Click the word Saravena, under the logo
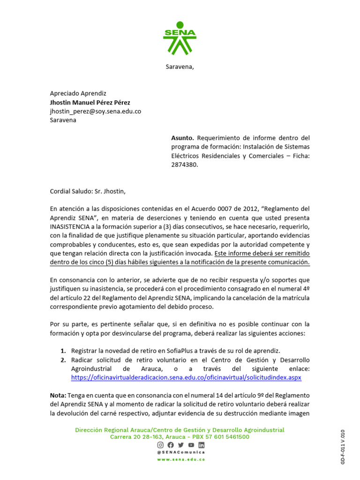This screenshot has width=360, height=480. [x=180, y=67]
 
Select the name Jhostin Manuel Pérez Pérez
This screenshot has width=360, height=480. [x=90, y=102]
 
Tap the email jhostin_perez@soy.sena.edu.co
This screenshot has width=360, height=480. [x=95, y=111]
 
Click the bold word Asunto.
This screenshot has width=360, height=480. [x=182, y=138]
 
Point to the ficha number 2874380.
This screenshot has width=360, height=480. [x=184, y=165]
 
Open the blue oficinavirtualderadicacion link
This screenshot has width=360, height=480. [x=186, y=377]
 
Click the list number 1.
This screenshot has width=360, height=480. [x=63, y=351]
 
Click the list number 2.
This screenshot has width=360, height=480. [x=63, y=360]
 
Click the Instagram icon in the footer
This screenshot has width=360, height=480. [x=160, y=445]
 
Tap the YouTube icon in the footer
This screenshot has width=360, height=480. [x=191, y=445]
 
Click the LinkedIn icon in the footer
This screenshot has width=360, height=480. [x=201, y=445]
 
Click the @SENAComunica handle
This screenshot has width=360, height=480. [x=180, y=452]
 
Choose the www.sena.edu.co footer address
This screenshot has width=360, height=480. [x=180, y=459]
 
